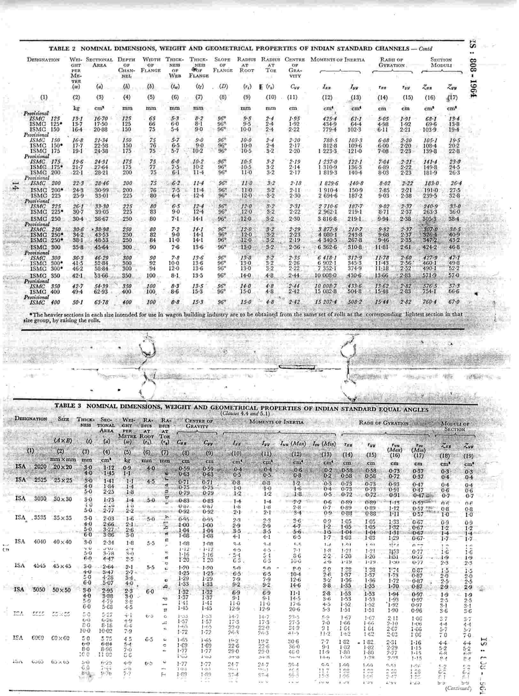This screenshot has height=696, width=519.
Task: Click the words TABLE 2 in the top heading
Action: pyautogui.click(x=59, y=49)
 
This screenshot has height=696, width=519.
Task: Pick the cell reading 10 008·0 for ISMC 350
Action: pyautogui.click(x=325, y=275)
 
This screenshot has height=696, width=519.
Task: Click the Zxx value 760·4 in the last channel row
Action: pyautogui.click(x=429, y=302)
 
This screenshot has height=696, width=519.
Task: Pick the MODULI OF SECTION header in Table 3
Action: pyautogui.click(x=454, y=427)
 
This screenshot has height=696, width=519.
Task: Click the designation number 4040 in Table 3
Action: pyautogui.click(x=40, y=542)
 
